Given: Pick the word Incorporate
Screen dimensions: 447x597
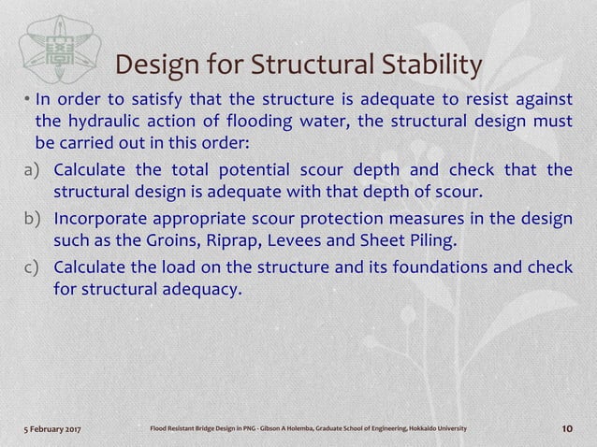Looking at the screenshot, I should coord(102,220).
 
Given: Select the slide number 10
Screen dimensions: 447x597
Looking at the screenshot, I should coord(566,428).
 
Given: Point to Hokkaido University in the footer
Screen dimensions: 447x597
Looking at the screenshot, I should coord(434,428).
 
